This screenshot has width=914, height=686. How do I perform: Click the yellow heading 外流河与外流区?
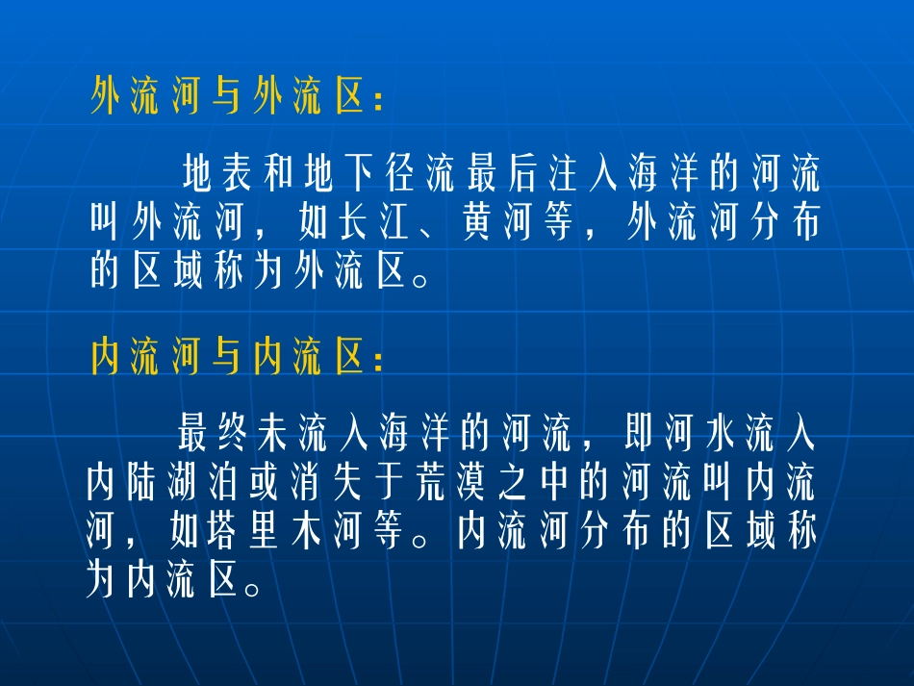pos(236,97)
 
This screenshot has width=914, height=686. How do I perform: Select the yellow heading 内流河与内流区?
pos(236,359)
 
